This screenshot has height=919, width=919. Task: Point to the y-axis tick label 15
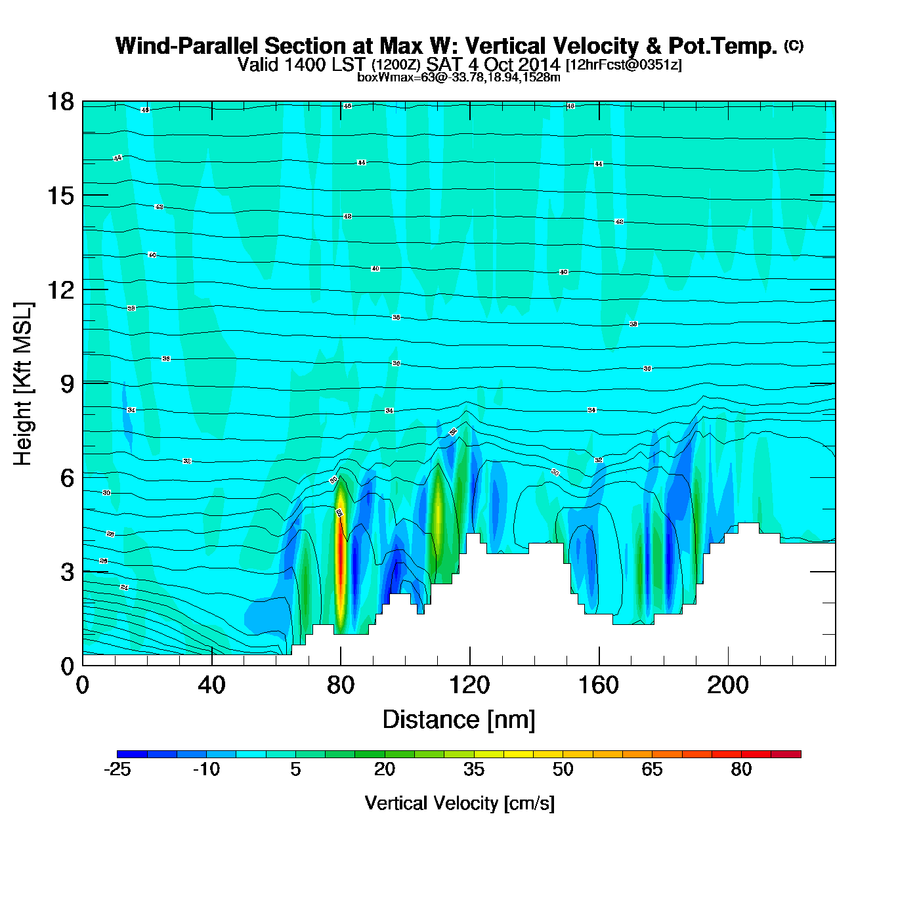60,196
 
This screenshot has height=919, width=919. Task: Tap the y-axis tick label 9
67,383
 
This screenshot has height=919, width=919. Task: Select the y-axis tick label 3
67,572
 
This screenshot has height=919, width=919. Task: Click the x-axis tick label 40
211,685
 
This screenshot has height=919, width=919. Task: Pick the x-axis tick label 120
469,685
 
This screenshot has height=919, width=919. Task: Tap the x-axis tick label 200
727,685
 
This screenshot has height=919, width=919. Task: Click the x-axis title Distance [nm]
459,719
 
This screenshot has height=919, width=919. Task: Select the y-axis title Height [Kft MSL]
23,384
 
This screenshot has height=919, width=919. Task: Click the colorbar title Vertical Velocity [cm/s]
460,803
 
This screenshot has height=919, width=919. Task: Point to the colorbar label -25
117,769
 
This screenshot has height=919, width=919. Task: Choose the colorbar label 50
563,769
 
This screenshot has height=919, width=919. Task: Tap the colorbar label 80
741,769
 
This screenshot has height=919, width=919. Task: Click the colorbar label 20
385,769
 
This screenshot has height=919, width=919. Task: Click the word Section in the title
319,46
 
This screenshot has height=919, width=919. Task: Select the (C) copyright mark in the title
793,45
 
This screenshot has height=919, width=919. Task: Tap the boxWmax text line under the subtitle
459,77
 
